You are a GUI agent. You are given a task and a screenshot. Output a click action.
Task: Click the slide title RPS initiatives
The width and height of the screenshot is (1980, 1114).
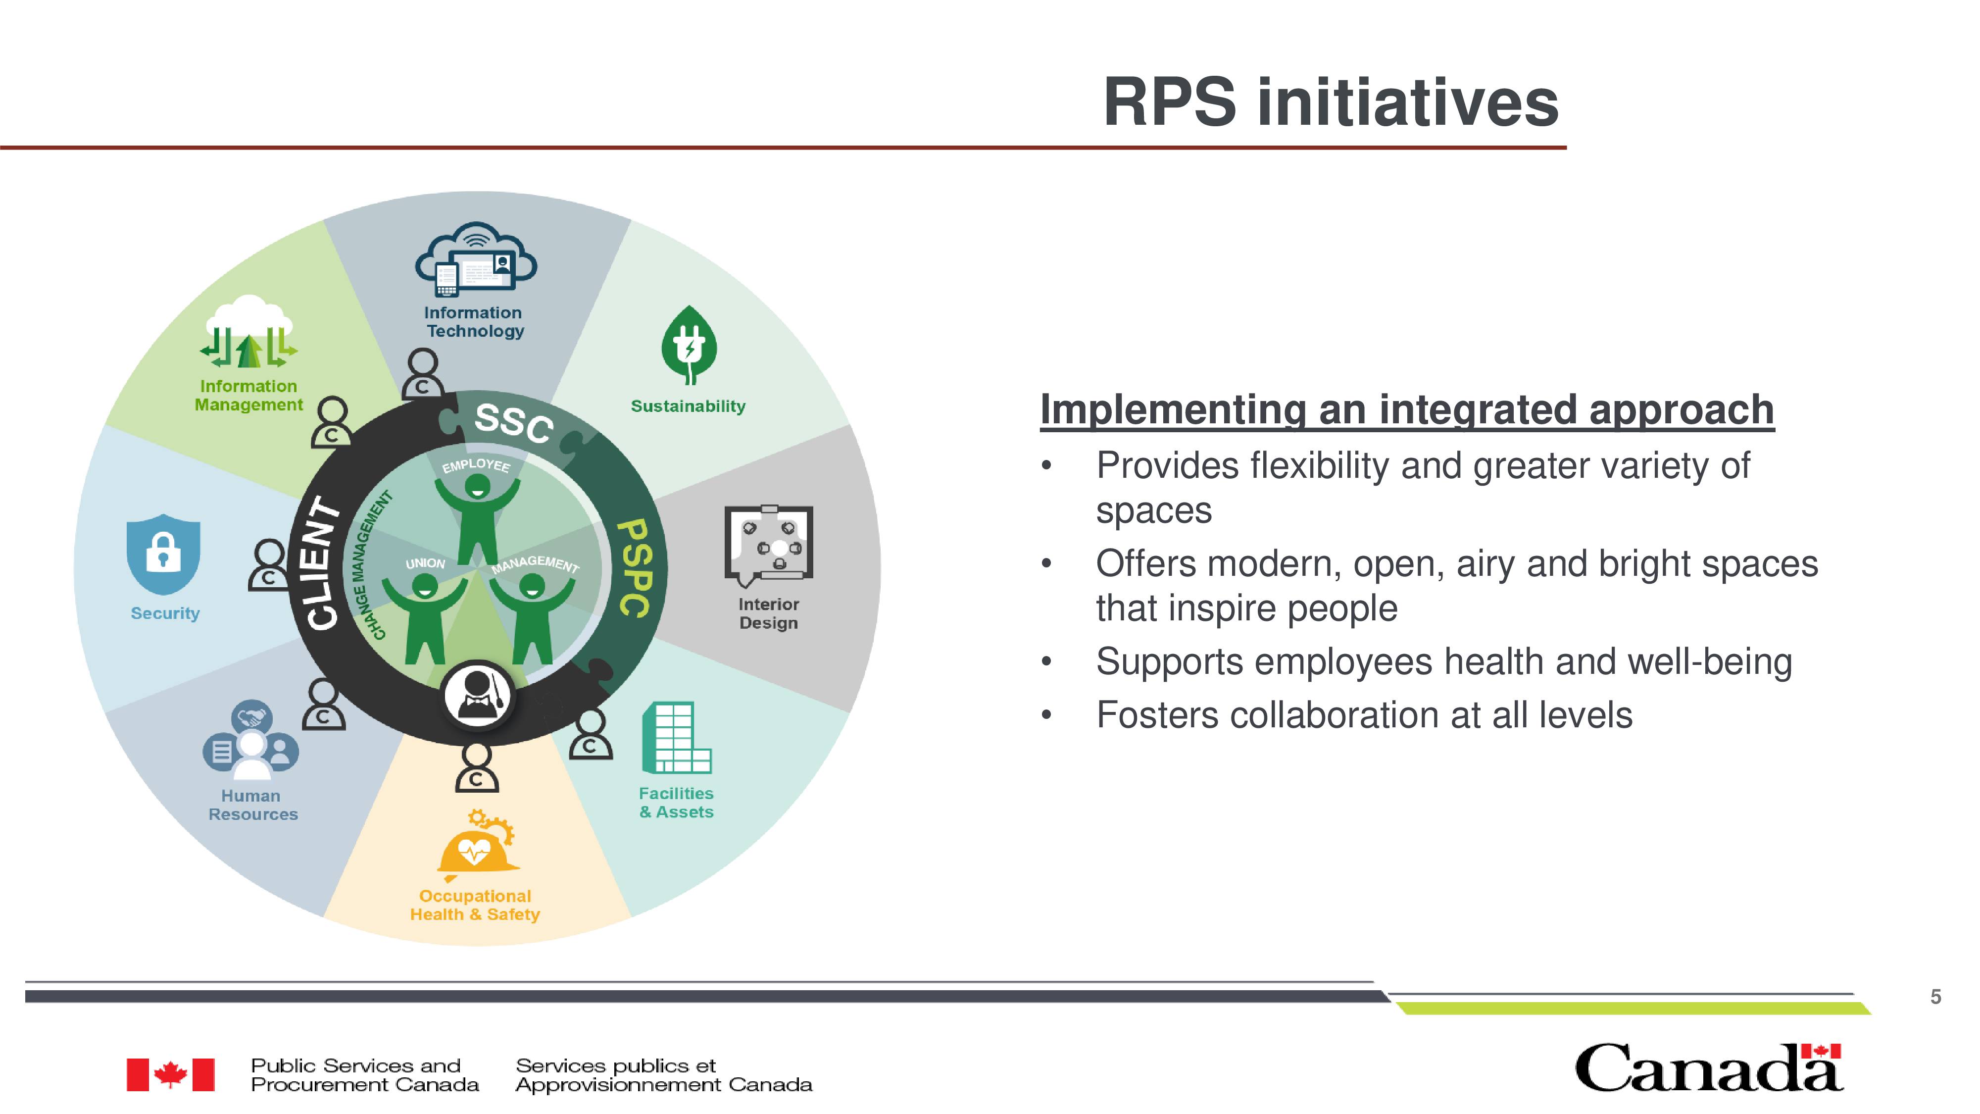(x=1331, y=102)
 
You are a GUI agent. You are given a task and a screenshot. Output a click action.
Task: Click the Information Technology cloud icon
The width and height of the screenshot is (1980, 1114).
(x=476, y=259)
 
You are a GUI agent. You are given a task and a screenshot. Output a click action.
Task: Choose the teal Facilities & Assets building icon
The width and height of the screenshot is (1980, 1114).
(x=676, y=737)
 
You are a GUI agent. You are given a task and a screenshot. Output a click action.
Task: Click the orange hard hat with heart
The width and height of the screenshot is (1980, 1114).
(x=477, y=845)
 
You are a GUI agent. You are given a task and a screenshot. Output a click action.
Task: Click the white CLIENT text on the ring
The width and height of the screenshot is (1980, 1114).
(x=323, y=563)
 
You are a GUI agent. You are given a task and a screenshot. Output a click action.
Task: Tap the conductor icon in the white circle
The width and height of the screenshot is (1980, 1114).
(x=477, y=696)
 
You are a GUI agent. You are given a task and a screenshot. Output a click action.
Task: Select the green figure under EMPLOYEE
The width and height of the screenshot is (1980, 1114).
(x=477, y=519)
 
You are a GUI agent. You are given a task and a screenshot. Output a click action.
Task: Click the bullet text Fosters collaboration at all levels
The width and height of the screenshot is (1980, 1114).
(x=1364, y=715)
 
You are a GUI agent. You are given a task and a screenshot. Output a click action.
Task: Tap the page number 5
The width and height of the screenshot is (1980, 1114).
(x=1935, y=997)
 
